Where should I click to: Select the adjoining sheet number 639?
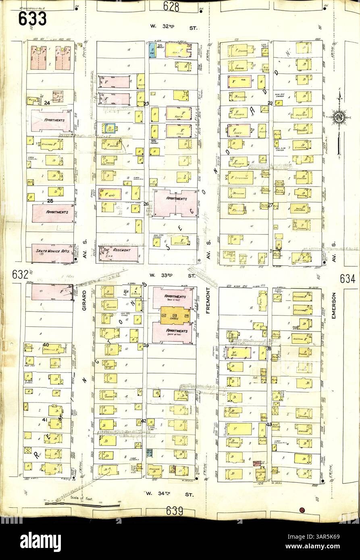click(175, 511)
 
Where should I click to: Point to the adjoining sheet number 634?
click(348, 278)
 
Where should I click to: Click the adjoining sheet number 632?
click(20, 275)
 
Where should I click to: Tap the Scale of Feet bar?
click(60, 503)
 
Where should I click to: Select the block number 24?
click(47, 103)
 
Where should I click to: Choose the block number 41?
click(45, 420)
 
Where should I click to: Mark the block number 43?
click(269, 424)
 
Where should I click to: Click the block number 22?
click(270, 104)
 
